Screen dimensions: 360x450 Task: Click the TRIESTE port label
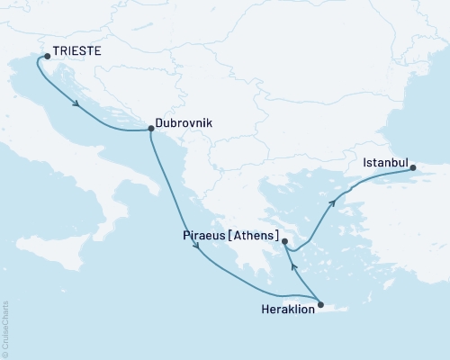77,53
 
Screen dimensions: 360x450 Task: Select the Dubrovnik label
184,118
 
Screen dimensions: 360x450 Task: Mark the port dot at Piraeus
284,241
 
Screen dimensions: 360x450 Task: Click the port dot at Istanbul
412,167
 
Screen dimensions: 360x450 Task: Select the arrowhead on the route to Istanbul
334,202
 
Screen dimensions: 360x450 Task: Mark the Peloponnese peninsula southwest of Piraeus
247,261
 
